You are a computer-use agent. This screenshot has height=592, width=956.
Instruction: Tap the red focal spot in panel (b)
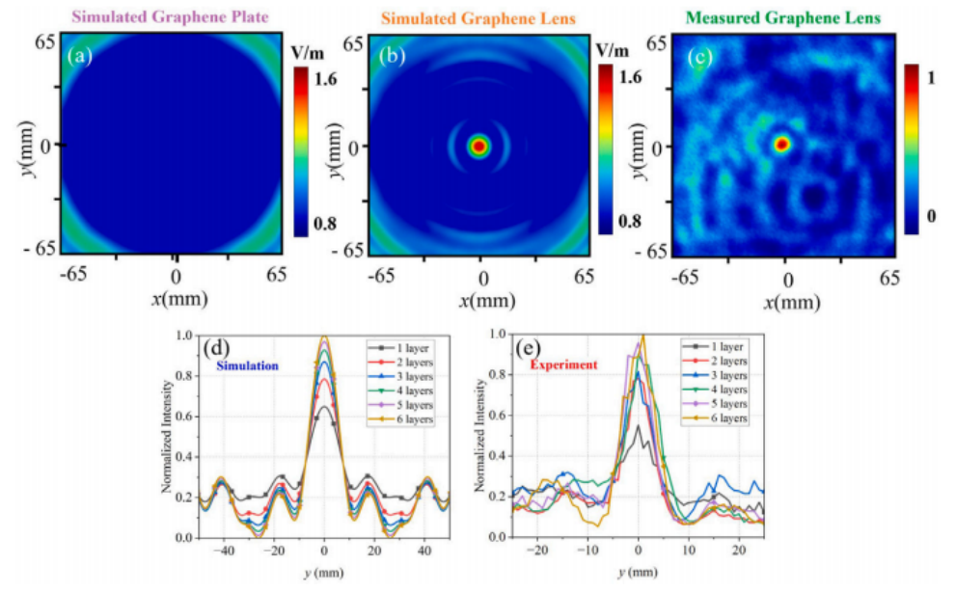tap(479, 146)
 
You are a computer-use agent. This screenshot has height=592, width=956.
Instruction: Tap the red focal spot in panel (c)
tap(782, 144)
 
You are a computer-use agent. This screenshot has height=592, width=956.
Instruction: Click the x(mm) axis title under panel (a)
tap(175, 301)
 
